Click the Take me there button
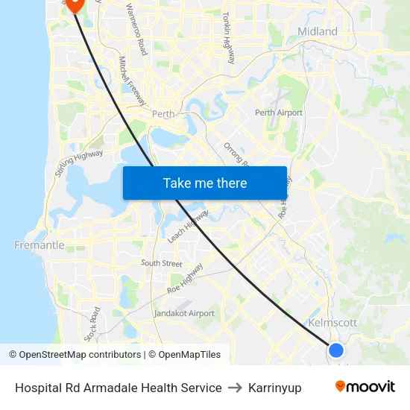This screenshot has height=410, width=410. [x=205, y=183]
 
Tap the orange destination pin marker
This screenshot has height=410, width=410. [x=75, y=4]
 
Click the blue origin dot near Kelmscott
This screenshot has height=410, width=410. [x=336, y=350]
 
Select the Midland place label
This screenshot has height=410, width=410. [x=318, y=31]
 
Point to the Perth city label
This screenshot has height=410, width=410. [x=163, y=114]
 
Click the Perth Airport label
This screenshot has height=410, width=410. [x=279, y=113]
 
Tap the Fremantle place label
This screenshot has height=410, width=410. [x=40, y=245]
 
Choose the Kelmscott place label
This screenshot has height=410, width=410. [x=332, y=323]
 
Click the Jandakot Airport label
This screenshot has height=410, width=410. [x=184, y=313]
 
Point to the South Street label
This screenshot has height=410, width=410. [x=162, y=263]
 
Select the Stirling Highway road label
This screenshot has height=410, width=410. [x=79, y=163]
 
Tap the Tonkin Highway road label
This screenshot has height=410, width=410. [x=228, y=37]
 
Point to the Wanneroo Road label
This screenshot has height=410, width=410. [x=136, y=28]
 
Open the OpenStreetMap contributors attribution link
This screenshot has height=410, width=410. [x=80, y=355]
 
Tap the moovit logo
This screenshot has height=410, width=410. [x=365, y=386]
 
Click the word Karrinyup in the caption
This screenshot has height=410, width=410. [x=275, y=388]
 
